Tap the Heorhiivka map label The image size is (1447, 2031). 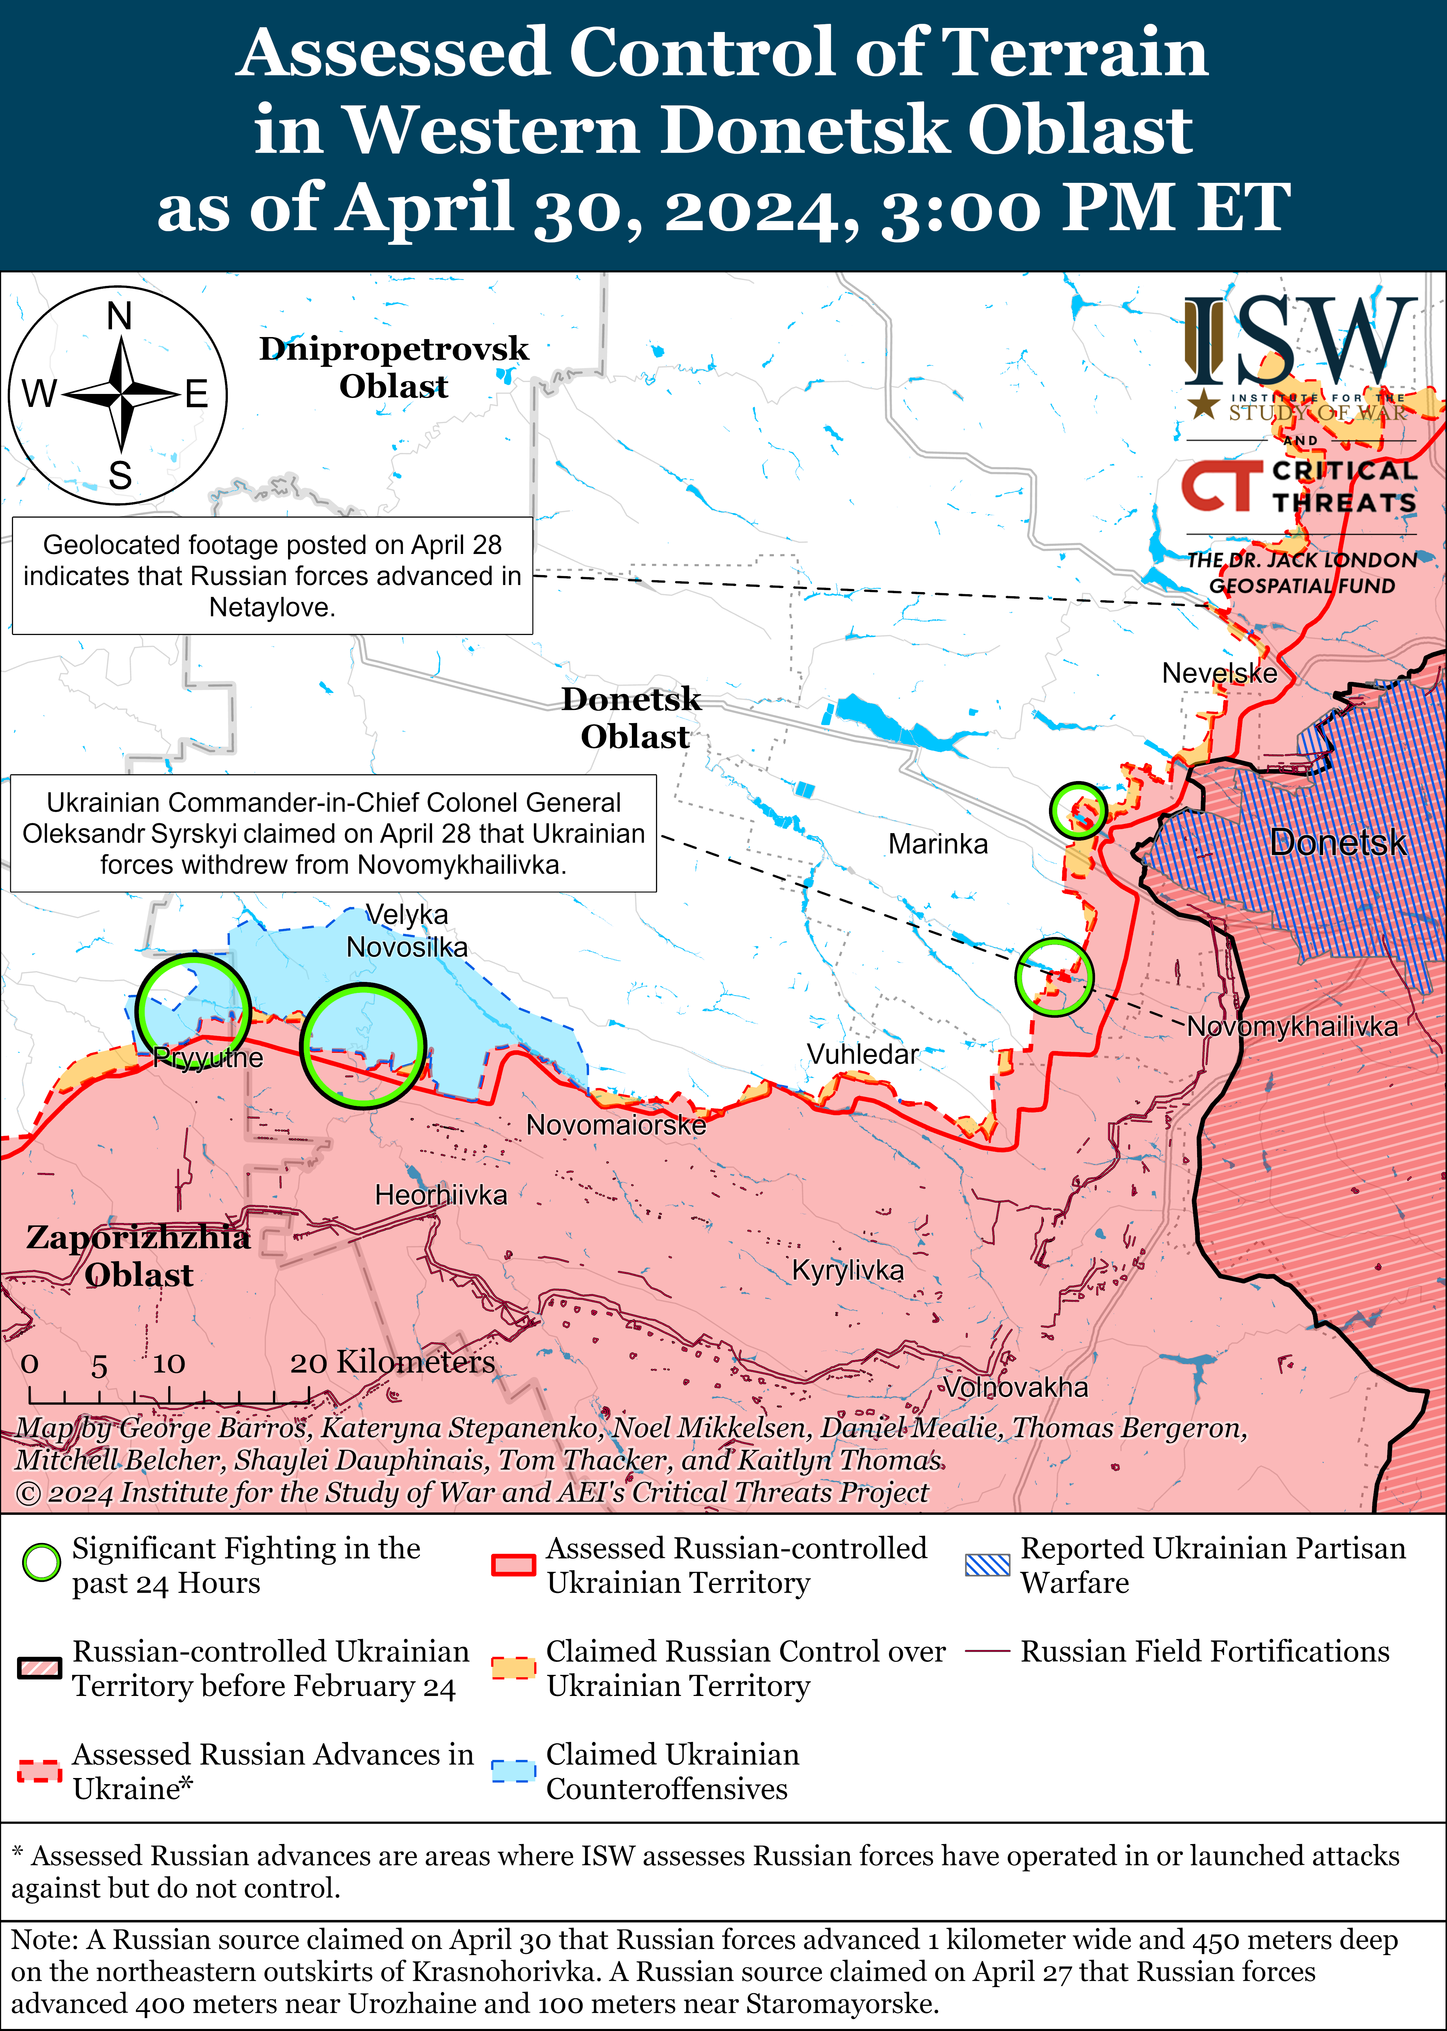point(441,1194)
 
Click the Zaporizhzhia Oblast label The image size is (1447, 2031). point(138,1256)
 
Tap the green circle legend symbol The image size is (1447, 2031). point(41,1565)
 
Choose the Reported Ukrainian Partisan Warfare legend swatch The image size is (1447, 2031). point(987,1565)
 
